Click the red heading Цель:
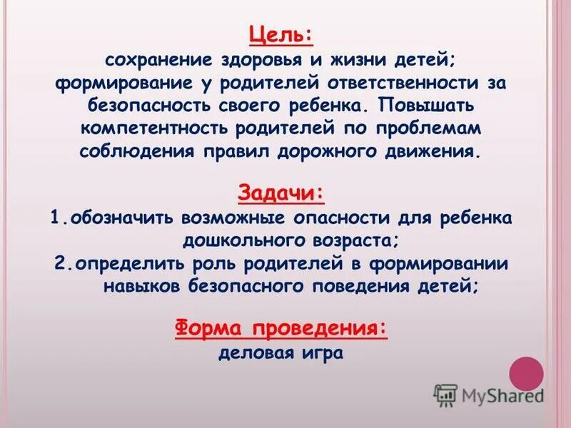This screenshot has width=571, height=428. point(281,34)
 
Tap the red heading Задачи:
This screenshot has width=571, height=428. point(281,193)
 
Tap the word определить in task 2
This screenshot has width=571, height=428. point(126,263)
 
